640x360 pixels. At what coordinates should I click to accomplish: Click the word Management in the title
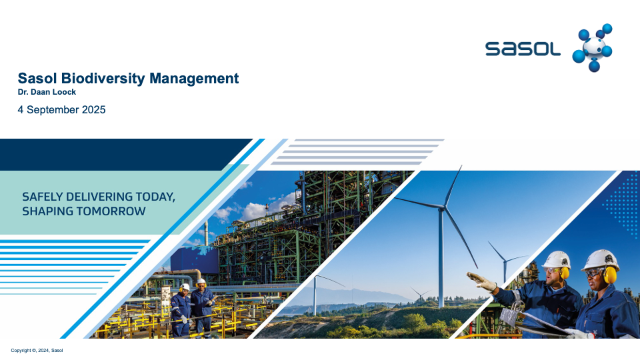194,78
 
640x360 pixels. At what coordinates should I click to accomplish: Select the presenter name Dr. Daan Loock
47,92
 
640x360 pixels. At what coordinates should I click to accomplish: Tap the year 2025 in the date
93,110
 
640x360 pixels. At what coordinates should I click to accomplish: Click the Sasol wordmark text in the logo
523,49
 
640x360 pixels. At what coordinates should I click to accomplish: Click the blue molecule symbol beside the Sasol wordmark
592,47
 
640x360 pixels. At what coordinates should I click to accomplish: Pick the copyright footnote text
37,350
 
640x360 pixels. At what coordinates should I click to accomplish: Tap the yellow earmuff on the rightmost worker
609,274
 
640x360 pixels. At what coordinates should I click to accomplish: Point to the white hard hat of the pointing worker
557,259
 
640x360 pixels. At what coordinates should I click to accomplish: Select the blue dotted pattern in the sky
623,204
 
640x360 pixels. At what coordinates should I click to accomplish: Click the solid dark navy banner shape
119,154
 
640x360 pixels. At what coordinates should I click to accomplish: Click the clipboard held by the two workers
539,323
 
